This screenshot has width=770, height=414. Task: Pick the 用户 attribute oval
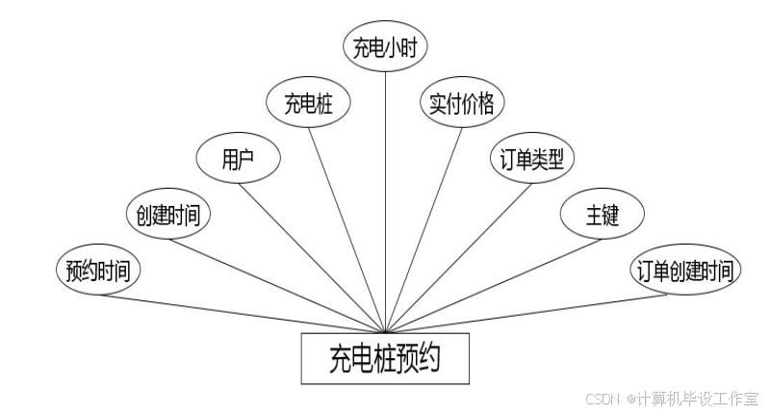237,157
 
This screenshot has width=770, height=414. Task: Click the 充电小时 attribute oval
384,47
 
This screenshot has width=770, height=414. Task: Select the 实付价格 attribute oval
462,103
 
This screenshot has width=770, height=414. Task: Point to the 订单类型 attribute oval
532,157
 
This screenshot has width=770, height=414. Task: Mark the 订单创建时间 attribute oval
685,271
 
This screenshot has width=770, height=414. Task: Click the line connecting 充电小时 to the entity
385,193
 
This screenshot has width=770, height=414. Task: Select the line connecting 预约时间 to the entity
241,313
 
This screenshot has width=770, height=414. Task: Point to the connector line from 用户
313,255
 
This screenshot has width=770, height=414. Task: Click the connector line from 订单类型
457,255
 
